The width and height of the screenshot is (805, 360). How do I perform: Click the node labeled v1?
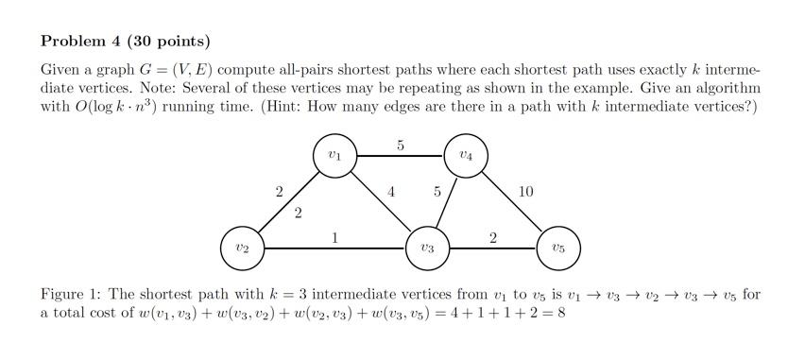coord(334,156)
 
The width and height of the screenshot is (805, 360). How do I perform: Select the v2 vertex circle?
coord(243,248)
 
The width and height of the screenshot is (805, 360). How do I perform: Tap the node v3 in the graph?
coord(428,248)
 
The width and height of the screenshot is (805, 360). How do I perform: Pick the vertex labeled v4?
coord(465,156)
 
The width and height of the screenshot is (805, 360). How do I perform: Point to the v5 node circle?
coord(557,248)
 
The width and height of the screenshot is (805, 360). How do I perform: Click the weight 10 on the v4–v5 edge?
coord(526,192)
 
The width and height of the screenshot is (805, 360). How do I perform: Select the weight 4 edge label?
coord(391,192)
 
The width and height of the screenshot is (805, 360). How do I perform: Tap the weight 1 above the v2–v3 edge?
coord(335,237)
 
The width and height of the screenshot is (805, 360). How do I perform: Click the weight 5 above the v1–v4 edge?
coord(401,146)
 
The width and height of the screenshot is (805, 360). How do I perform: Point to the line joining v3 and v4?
coord(447,201)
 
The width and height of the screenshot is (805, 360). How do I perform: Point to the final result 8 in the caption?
coord(561,313)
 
